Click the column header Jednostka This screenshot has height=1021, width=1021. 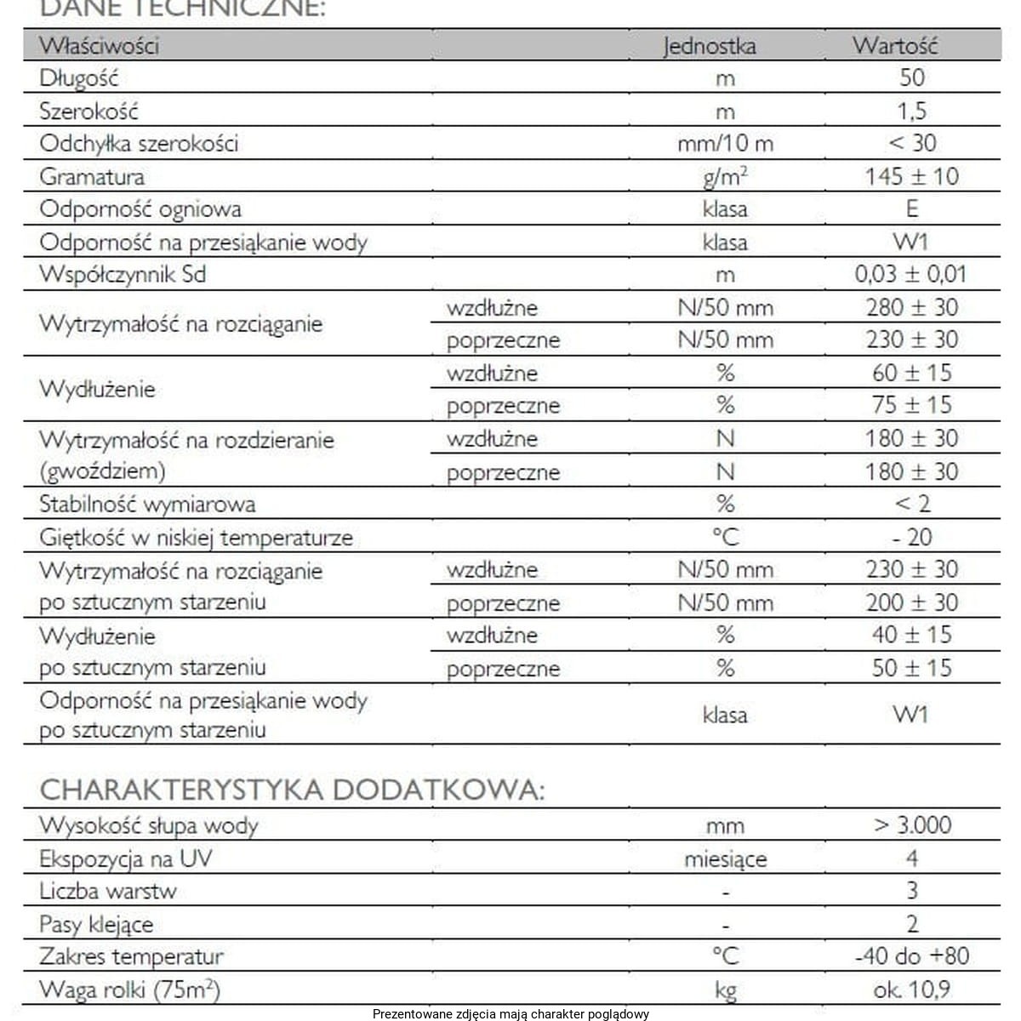point(709,45)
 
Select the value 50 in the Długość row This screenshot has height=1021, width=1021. point(911,78)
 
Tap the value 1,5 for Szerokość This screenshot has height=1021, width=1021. point(911,111)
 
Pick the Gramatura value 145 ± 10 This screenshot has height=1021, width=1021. point(911,176)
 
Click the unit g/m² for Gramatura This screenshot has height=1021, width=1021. point(725,176)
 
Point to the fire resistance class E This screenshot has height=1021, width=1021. point(912,208)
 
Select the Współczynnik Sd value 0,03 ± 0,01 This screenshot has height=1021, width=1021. point(910,274)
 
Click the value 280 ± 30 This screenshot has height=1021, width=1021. point(911,307)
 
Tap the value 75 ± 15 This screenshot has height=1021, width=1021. point(911,405)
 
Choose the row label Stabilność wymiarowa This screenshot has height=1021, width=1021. point(147,504)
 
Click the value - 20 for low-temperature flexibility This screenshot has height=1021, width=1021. point(912,537)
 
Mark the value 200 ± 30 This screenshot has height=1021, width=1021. point(911,602)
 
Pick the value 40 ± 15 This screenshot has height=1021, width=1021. point(911,635)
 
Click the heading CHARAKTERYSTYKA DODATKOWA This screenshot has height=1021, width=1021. point(292,790)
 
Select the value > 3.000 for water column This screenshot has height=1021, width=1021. point(912,825)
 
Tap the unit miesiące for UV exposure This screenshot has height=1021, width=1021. point(725,859)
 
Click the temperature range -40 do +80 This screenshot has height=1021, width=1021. point(911,956)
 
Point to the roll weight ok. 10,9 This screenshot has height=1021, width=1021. point(911,990)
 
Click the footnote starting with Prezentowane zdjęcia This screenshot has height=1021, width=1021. point(510,1013)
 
